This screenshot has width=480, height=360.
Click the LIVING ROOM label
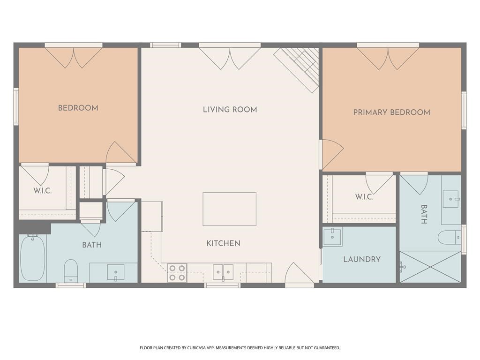[230, 110]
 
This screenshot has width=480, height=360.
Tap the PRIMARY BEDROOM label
[391, 112]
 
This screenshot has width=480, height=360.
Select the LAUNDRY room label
[361, 259]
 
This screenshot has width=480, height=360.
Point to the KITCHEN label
[223, 243]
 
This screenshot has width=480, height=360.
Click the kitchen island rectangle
[229, 209]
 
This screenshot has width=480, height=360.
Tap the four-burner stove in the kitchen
[177, 273]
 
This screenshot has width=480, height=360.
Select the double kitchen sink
[223, 272]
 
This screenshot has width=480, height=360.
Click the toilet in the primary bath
[449, 238]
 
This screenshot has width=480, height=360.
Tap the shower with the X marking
[430, 267]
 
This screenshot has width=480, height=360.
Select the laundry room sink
[332, 236]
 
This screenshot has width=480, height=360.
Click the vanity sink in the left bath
[115, 272]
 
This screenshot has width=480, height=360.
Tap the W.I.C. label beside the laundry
[364, 197]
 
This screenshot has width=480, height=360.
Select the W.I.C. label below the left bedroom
[42, 191]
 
